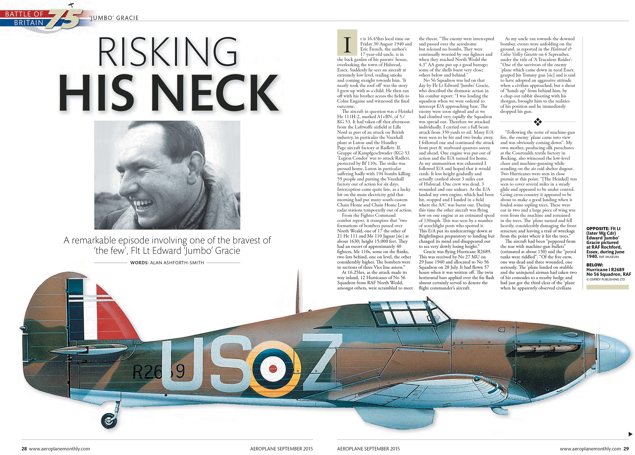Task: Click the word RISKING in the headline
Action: (167, 52)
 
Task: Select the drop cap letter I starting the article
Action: (347, 45)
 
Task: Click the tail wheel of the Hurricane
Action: (109, 420)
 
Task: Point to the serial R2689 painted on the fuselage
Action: (158, 372)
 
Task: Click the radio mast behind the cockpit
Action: (298, 291)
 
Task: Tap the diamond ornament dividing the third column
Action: (538, 122)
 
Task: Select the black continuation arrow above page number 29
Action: (630, 434)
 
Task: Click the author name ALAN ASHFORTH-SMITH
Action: (177, 263)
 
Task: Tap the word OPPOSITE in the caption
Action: (597, 229)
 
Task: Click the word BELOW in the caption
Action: (595, 265)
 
